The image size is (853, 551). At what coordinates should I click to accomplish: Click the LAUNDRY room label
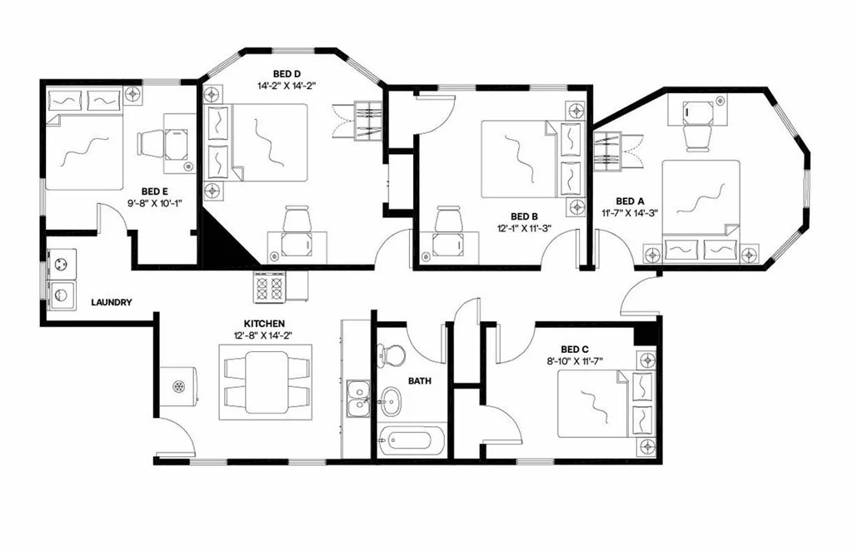coord(111,303)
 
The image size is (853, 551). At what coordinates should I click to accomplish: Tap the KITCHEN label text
coord(264,323)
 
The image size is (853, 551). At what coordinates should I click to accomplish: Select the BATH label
coord(419,380)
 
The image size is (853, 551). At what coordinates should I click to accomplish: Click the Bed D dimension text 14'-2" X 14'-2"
coord(286,85)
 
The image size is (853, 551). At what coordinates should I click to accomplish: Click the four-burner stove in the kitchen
coord(271,289)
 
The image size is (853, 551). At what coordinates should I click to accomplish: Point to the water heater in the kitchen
coord(179,385)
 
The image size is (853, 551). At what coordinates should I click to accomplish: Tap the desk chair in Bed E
coord(152,143)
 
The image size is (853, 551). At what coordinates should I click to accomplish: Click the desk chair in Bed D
coord(296,221)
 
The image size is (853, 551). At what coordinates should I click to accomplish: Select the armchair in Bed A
coord(695,135)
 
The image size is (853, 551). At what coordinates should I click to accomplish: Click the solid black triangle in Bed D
coord(223,246)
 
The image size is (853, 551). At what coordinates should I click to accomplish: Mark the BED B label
coord(525,216)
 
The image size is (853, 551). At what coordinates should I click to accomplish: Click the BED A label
coord(630,201)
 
